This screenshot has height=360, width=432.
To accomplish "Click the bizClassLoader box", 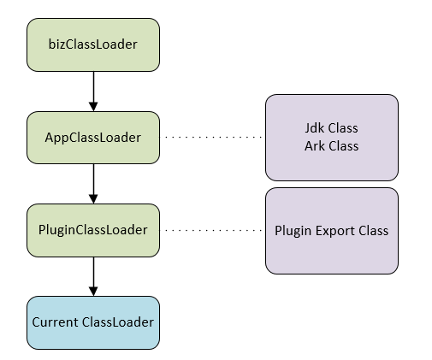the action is (93, 44).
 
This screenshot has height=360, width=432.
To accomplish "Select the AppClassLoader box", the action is (93, 138).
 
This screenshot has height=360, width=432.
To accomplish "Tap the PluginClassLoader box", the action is (93, 230).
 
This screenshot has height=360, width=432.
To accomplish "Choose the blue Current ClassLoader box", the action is (93, 322).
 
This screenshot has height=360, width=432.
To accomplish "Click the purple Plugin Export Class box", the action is (332, 231).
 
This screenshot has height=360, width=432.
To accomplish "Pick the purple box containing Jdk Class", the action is (332, 138).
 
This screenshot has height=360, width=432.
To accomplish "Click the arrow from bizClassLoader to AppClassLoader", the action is (93, 91).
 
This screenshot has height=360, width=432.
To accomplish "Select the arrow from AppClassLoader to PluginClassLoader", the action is (93, 184).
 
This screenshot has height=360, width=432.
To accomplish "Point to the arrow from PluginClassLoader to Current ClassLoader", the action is (93, 276).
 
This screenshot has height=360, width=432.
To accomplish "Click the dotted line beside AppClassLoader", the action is (212, 138).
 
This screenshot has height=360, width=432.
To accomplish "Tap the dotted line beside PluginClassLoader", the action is (212, 230).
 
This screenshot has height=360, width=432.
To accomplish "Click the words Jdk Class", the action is (331, 128).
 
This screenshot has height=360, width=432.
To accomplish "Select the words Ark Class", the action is (331, 146).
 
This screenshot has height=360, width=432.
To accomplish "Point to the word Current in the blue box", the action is (55, 322).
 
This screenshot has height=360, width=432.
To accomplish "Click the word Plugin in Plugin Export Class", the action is (293, 231).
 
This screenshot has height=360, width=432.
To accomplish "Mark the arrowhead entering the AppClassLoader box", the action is (93, 107).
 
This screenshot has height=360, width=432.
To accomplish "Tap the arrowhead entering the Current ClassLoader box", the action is (93, 292).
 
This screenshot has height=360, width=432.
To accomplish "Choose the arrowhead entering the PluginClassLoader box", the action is (93, 199).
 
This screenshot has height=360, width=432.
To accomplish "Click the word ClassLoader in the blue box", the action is (118, 322).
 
